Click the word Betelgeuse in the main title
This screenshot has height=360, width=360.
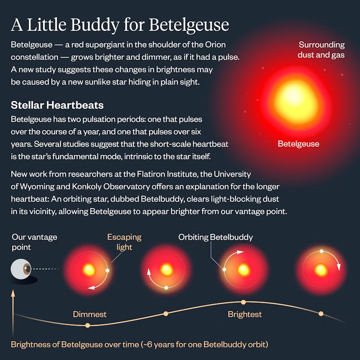(189, 25)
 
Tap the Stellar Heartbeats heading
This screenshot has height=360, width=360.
(57, 105)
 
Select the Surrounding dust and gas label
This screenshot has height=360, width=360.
(321, 49)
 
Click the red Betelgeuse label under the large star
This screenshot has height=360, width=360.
(298, 144)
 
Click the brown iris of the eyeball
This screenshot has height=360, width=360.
(27, 269)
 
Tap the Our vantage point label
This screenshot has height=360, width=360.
(35, 242)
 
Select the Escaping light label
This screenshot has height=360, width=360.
(124, 242)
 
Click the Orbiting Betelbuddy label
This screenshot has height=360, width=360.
(216, 237)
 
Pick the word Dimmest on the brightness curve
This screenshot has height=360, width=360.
(90, 314)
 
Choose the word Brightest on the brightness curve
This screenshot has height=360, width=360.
(244, 314)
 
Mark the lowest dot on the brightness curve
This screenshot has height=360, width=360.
(87, 325)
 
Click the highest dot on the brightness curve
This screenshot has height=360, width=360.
(243, 302)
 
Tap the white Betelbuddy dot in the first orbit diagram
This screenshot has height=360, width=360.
(107, 270)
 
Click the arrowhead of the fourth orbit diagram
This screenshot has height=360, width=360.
(339, 267)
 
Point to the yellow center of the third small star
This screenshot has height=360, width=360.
(243, 270)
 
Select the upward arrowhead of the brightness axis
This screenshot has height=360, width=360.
(13, 293)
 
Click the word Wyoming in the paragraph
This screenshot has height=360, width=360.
(37, 187)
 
